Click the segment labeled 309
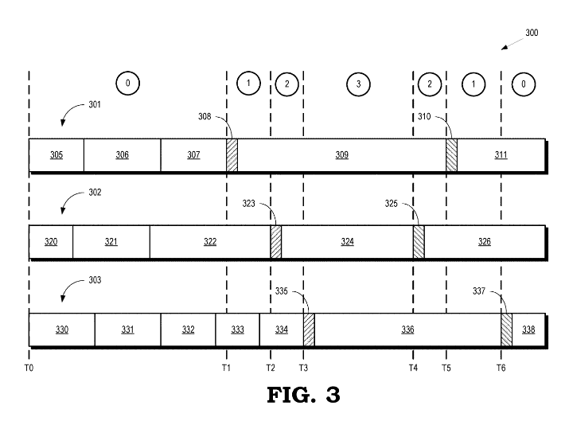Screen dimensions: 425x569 point(341,155)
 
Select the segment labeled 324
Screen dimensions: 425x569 point(347,242)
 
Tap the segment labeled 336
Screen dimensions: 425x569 point(407,329)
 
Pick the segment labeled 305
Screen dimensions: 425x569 point(57,155)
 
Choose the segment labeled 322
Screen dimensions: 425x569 point(210,242)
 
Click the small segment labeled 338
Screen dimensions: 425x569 point(528,329)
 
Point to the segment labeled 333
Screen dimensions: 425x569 point(237,329)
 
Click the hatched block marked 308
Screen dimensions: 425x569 point(232,155)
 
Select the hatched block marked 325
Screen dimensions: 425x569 point(419,242)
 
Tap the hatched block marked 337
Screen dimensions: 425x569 point(506,329)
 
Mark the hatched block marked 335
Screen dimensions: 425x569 point(309,329)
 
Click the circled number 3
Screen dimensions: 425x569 point(358,83)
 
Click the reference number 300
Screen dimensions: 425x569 point(531,33)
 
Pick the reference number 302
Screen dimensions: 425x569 point(95,193)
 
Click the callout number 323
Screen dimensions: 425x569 point(250,204)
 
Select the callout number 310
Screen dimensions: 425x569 point(425,116)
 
